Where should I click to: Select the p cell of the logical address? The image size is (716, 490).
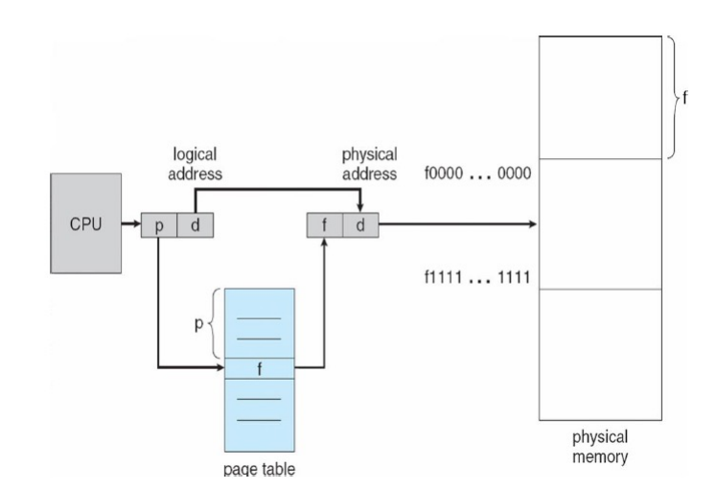(159, 226)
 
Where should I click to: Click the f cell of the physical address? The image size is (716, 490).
(324, 226)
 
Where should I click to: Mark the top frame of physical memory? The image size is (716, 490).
(599, 96)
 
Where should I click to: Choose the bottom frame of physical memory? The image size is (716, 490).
(599, 354)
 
